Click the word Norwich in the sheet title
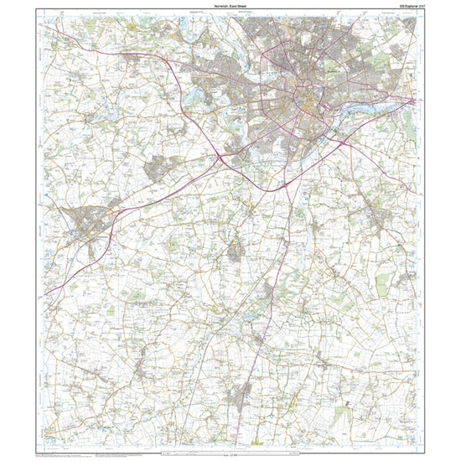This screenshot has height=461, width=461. tap(222, 8)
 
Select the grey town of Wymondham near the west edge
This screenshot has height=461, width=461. tap(88, 222)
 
